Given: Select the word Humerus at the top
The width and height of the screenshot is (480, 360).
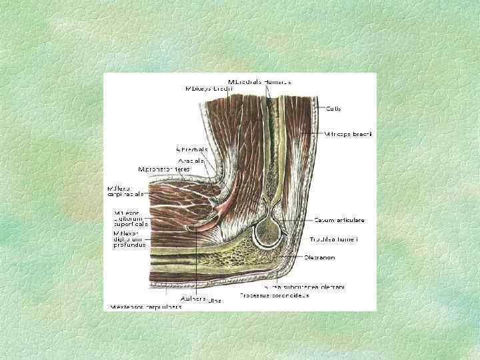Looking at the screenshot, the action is pyautogui.click(x=277, y=81).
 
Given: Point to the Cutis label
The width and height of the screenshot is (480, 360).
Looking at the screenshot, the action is pyautogui.click(x=334, y=107).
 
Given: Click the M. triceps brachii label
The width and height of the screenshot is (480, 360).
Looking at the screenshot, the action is pyautogui.click(x=348, y=134).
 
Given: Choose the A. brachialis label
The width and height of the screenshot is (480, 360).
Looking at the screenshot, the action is pyautogui.click(x=192, y=149).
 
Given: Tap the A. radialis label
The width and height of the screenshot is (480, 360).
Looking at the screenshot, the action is pyautogui.click(x=192, y=160).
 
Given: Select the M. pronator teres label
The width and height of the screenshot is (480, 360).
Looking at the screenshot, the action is pyautogui.click(x=164, y=169).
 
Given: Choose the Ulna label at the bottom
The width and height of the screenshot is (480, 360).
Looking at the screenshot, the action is pyautogui.click(x=215, y=301).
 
